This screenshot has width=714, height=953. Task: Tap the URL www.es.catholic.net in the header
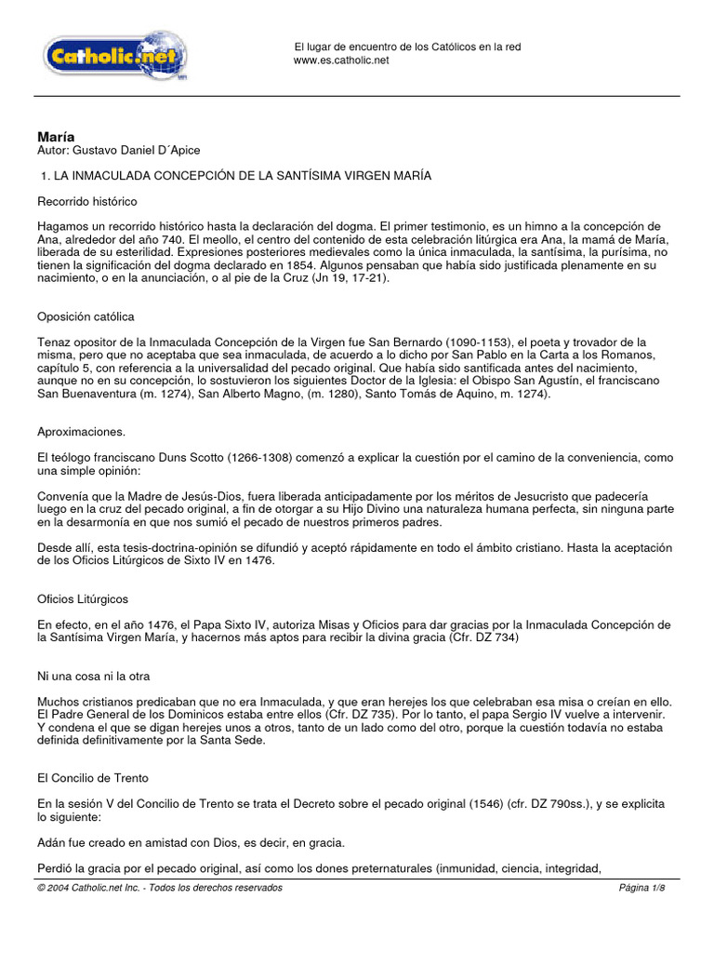[341, 60]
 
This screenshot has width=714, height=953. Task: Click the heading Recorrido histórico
[87, 201]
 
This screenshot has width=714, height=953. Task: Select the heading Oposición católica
[86, 317]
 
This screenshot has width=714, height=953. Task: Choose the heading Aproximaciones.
[83, 434]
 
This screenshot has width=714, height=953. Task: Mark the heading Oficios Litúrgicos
[83, 599]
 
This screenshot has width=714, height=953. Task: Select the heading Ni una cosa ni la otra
[93, 676]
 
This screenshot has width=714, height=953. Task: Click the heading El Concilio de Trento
[93, 776]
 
